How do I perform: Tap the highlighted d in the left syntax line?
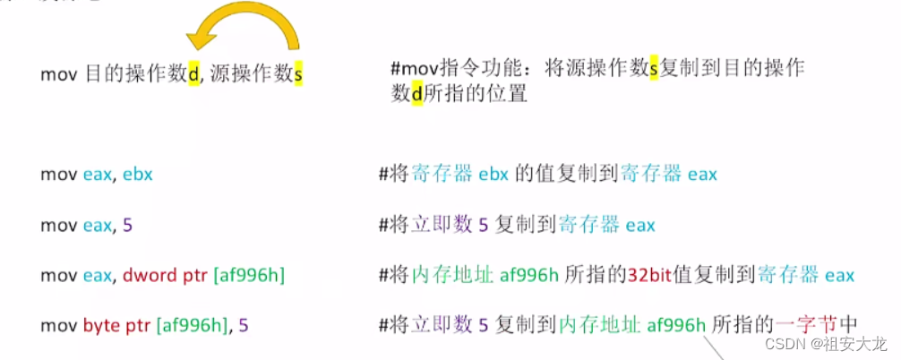tap(193, 74)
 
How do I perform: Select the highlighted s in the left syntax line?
tap(298, 74)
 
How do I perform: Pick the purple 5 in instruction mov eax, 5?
tap(127, 225)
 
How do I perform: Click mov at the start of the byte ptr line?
tap(56, 325)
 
